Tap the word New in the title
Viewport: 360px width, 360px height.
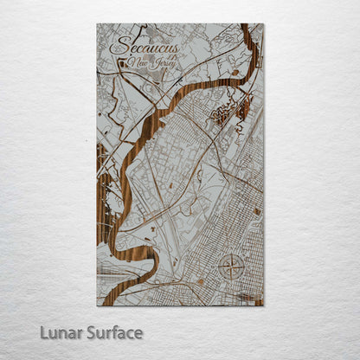click(136, 63)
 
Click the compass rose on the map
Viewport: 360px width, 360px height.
click(232, 267)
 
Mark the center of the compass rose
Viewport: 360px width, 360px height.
click(232, 267)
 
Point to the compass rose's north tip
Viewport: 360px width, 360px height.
click(232, 254)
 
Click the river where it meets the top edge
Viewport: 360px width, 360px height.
click(246, 26)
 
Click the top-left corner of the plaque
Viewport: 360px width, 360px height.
click(98, 24)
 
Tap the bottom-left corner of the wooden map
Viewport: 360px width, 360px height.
click(98, 305)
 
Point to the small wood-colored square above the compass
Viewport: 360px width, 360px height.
click(257, 211)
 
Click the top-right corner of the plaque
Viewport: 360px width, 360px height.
click(263, 24)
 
